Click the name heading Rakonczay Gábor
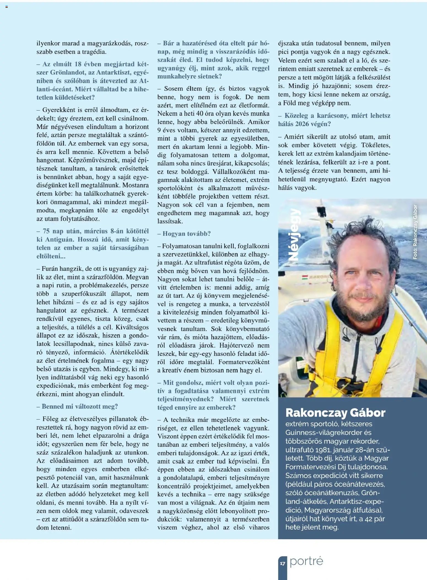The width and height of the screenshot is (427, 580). click(335, 413)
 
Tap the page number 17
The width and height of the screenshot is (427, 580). click(282, 563)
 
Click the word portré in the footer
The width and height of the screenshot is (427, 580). click(306, 561)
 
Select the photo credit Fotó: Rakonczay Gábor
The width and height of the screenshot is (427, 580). click(415, 232)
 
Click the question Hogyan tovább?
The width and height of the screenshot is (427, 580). click(184, 234)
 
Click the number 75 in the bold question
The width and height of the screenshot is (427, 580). click(46, 231)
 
